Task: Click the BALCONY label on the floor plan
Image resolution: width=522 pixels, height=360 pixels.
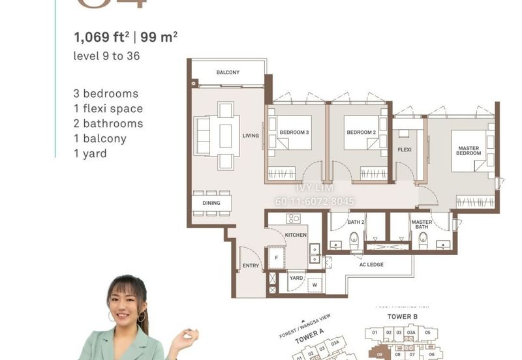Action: [228, 72]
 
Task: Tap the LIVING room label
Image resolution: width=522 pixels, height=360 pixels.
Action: [251, 136]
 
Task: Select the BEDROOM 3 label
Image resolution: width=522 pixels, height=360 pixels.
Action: [294, 132]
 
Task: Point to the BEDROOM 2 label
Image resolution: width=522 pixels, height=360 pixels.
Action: [361, 132]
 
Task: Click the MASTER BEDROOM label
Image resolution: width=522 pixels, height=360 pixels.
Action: [468, 151]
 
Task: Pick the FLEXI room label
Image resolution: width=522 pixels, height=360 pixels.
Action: [405, 150]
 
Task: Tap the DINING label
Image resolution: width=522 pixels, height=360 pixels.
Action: [211, 203]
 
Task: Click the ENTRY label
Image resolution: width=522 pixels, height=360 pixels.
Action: [251, 266]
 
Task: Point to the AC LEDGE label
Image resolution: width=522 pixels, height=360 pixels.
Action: [371, 265]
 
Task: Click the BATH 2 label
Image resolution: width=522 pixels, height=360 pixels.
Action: [355, 222]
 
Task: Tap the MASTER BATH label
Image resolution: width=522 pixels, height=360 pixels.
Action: [422, 226]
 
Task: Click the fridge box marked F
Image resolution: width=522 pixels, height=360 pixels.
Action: [276, 257]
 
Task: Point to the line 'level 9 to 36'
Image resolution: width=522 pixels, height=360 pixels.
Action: [107, 56]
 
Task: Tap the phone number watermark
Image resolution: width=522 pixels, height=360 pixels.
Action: [315, 202]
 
